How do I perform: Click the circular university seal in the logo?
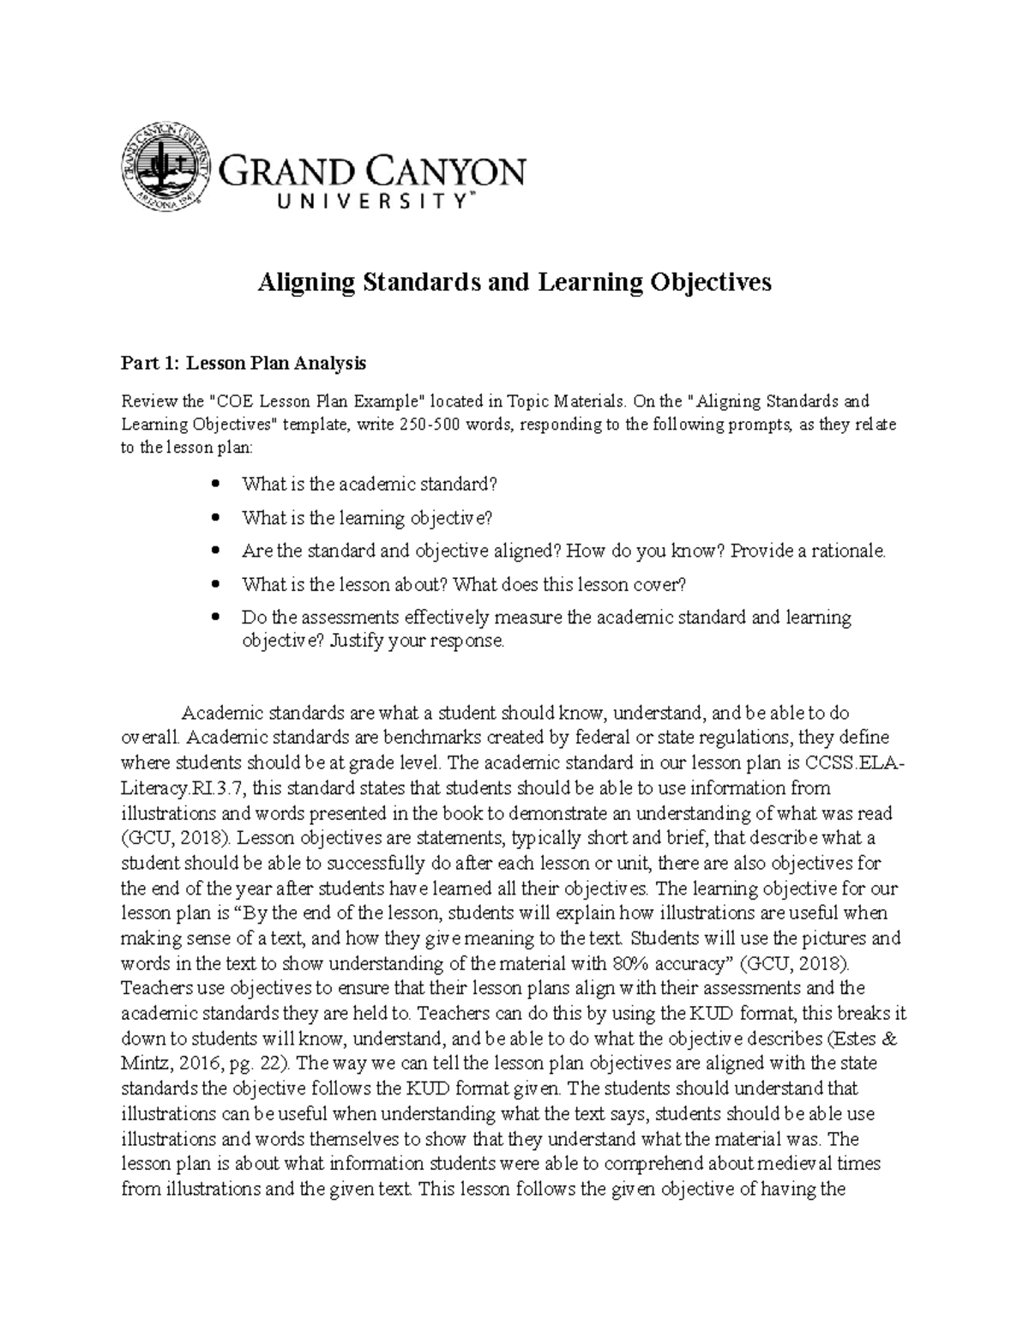[165, 168]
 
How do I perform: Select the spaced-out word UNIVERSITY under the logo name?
[347, 202]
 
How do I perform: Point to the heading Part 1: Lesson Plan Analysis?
[244, 363]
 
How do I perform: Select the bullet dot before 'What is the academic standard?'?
[215, 484]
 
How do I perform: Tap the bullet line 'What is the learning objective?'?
[368, 517]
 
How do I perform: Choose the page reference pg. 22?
[261, 1063]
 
